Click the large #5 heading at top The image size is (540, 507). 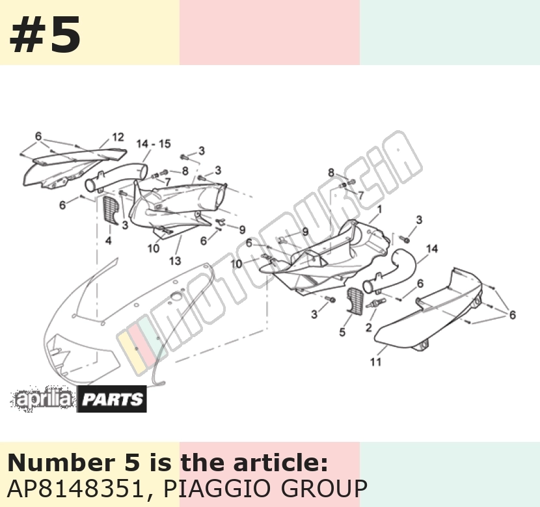45,34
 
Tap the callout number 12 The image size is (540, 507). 118,137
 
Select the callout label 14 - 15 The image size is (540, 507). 154,144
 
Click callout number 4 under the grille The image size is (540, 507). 109,240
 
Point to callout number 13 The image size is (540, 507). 175,261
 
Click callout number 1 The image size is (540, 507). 379,209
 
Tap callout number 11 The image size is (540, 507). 376,362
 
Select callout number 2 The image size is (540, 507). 368,327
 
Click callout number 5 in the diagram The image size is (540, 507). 342,332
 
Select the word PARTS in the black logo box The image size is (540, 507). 113,400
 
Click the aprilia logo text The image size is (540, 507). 43,400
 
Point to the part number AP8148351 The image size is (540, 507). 75,489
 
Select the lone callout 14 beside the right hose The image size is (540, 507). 432,249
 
